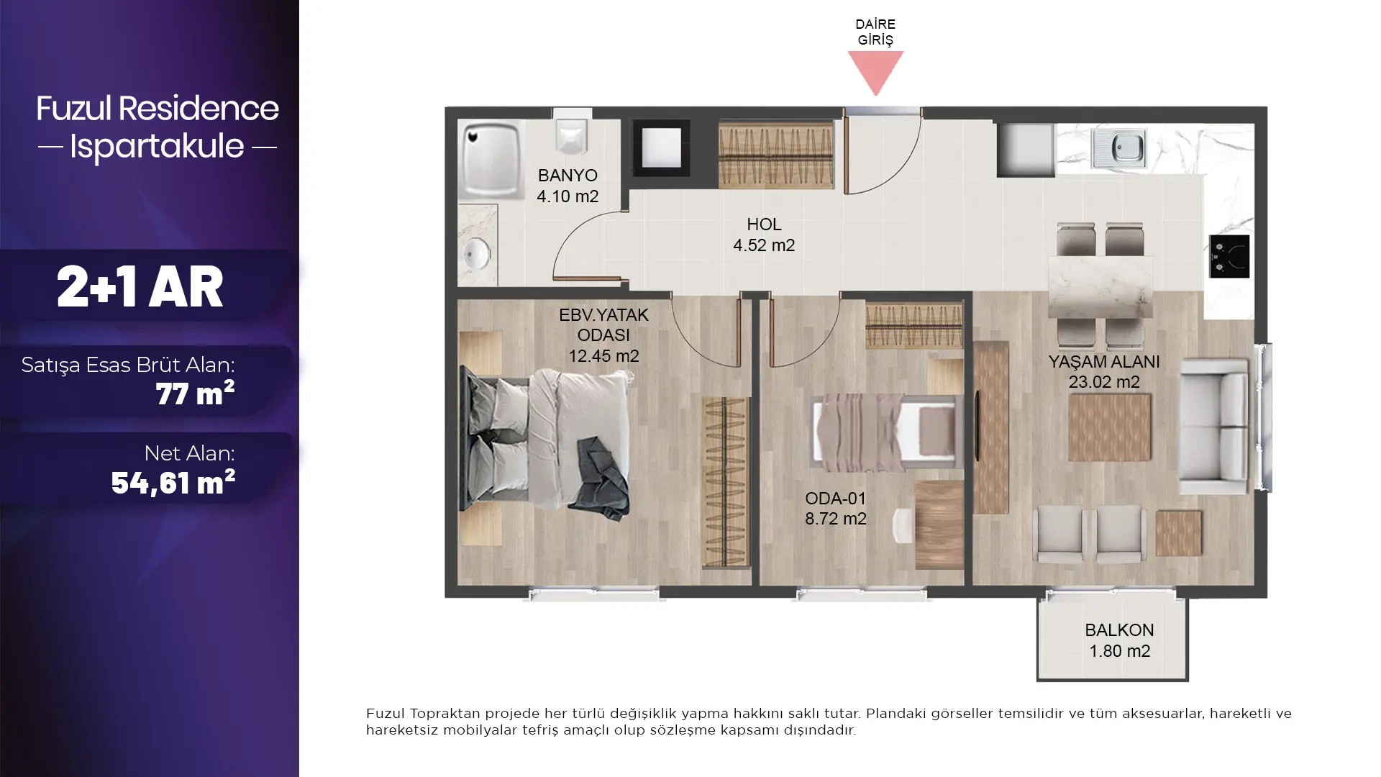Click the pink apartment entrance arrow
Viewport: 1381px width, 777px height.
click(x=875, y=71)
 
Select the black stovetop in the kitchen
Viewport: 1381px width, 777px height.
click(x=1229, y=256)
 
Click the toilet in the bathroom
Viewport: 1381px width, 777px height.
click(x=573, y=135)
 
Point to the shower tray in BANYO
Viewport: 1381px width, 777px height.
click(x=491, y=159)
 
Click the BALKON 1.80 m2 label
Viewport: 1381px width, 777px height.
click(x=1119, y=640)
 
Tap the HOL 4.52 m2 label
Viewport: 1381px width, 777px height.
click(x=764, y=235)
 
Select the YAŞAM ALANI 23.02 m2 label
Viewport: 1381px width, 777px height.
click(x=1103, y=371)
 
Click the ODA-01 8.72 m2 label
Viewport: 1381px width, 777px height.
click(x=835, y=508)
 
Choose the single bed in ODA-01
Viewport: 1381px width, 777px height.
click(x=886, y=431)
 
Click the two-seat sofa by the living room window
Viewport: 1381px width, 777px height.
click(x=1213, y=427)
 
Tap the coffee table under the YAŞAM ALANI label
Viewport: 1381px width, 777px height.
click(x=1109, y=427)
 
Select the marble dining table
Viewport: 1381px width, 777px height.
click(x=1100, y=286)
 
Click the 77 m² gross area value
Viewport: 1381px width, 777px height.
click(x=195, y=394)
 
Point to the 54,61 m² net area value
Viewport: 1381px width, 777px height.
click(x=173, y=482)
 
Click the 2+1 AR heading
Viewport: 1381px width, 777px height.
click(x=140, y=286)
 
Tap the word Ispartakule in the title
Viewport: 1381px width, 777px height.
click(x=157, y=146)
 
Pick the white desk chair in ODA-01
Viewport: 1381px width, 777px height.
click(x=903, y=524)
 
